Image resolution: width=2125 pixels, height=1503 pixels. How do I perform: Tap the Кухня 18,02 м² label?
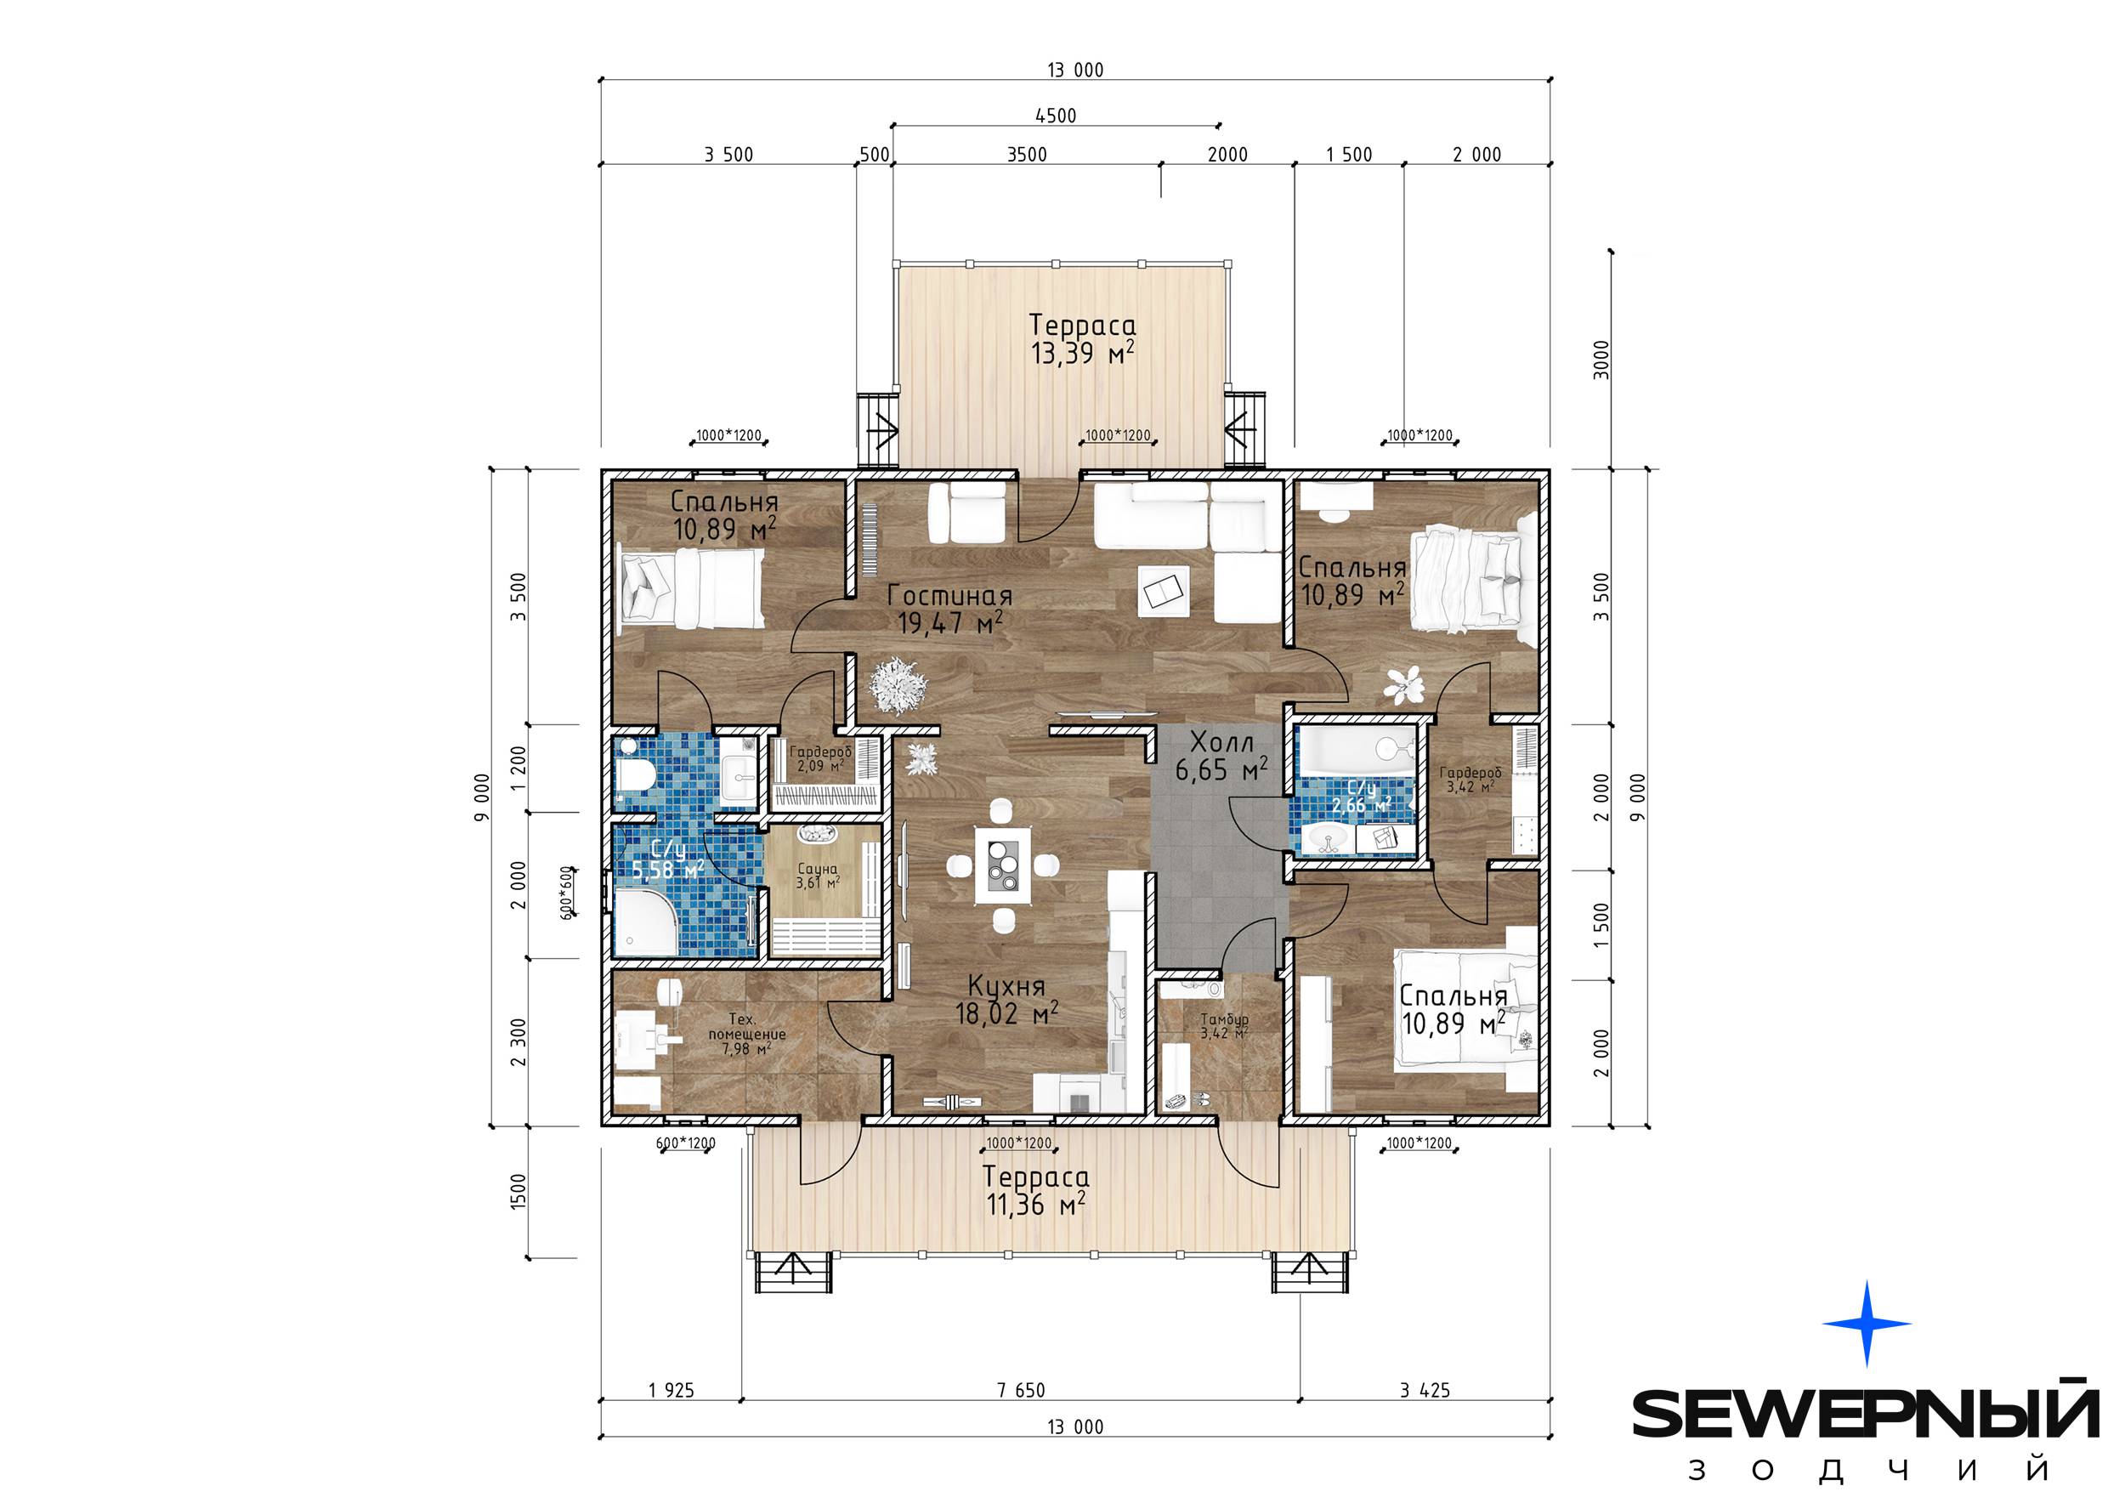(1007, 1001)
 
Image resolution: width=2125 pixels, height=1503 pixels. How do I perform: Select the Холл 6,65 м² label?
(1221, 755)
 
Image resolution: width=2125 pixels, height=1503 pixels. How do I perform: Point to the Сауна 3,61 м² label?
(817, 876)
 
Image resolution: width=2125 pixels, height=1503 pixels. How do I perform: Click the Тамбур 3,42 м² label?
(1225, 1026)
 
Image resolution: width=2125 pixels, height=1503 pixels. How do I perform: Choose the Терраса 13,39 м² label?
(1083, 338)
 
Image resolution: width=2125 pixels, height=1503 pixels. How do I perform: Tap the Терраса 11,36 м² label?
(1035, 1190)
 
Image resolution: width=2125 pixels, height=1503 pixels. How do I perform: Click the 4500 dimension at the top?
(1055, 116)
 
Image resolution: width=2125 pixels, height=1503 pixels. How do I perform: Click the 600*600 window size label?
(566, 892)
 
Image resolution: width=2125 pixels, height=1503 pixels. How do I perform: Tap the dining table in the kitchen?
(1003, 865)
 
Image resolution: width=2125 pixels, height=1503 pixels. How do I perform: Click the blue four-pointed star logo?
(1867, 1324)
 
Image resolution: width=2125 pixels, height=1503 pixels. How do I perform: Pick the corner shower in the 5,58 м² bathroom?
(645, 922)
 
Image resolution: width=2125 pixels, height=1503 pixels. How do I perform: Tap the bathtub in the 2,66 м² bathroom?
(1356, 751)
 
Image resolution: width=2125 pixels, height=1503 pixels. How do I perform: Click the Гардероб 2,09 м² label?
(820, 759)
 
